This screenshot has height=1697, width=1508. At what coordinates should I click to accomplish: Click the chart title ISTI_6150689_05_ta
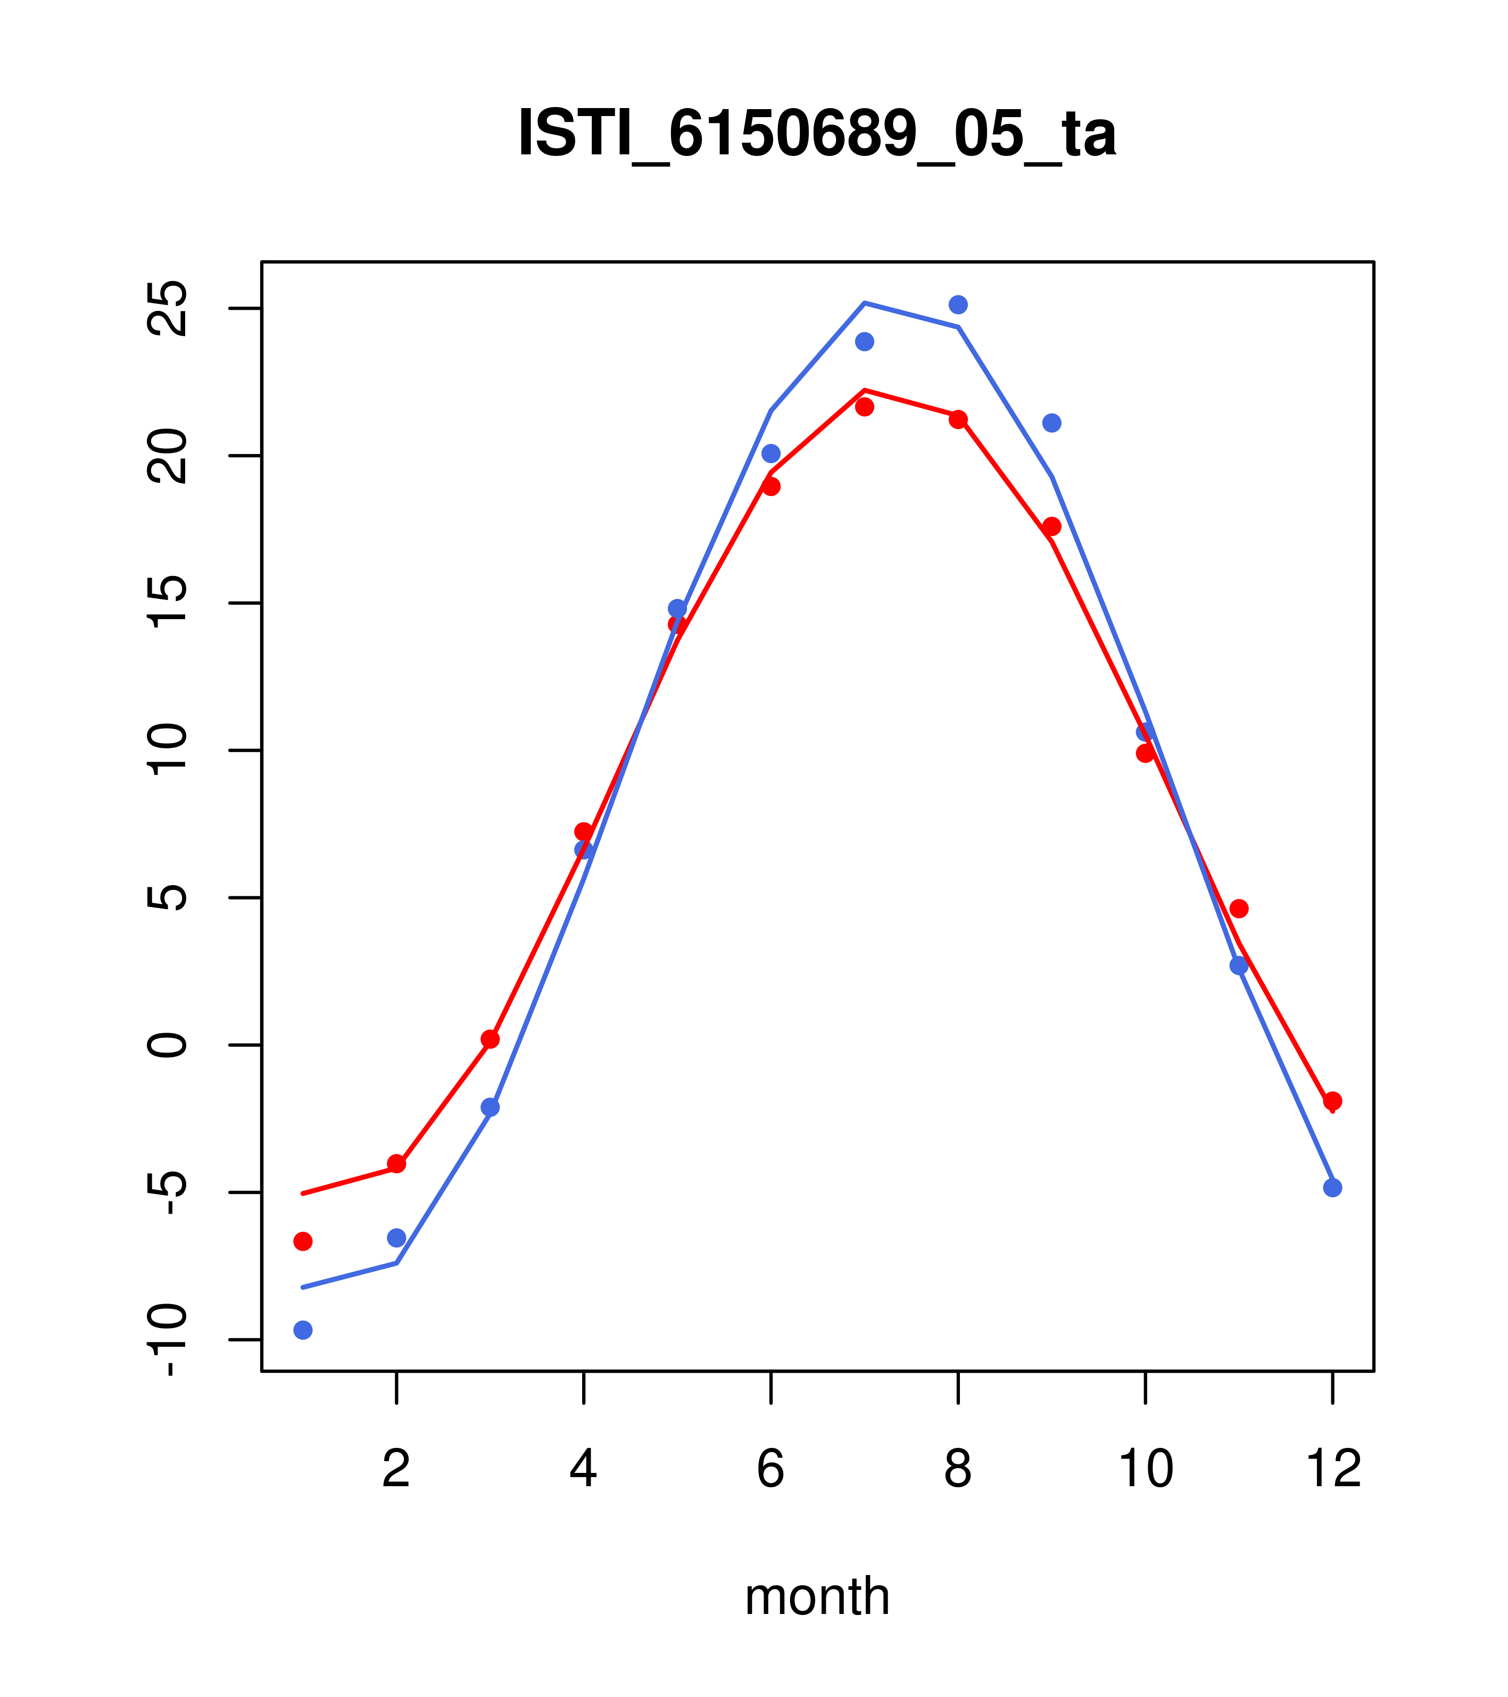click(x=817, y=134)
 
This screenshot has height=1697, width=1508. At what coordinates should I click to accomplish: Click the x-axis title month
click(x=817, y=1596)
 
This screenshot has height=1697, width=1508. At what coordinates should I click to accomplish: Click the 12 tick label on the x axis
click(x=1333, y=1470)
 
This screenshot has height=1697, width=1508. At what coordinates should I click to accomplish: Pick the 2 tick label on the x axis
click(x=397, y=1470)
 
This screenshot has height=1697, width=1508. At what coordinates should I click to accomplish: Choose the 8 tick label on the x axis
click(x=958, y=1470)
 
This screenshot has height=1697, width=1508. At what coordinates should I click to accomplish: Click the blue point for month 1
click(x=303, y=1330)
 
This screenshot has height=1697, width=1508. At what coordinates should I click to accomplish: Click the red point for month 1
click(x=303, y=1241)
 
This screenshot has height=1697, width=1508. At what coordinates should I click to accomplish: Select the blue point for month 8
click(x=958, y=304)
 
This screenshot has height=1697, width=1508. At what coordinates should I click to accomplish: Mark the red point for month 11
click(x=1239, y=909)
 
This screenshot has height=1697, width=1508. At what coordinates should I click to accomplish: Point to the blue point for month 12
click(x=1333, y=1188)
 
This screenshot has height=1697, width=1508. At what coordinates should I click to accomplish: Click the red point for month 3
click(x=491, y=1040)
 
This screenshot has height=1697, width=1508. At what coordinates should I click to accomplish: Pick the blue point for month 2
click(x=397, y=1238)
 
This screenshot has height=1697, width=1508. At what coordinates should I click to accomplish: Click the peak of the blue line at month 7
click(x=865, y=303)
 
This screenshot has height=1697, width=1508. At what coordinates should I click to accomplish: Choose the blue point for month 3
click(x=491, y=1108)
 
